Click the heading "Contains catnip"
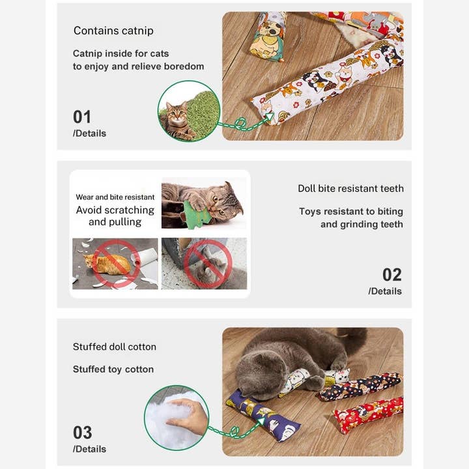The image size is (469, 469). coord(113,31)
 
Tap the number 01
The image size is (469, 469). coord(82,117)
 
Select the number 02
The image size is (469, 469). coord(392,274)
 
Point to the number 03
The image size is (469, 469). coord(82,433)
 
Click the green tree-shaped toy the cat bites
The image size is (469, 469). coord(194,214)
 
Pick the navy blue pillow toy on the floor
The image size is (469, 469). coord(264,415)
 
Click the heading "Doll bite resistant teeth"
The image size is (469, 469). coord(350,188)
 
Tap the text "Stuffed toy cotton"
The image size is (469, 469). coord(113,369)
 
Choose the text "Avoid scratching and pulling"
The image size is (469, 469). coord(115,216)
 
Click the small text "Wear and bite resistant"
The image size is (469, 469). coord(115,197)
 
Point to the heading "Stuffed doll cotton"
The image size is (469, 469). coord(115,347)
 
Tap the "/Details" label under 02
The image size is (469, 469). coord(385,291)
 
